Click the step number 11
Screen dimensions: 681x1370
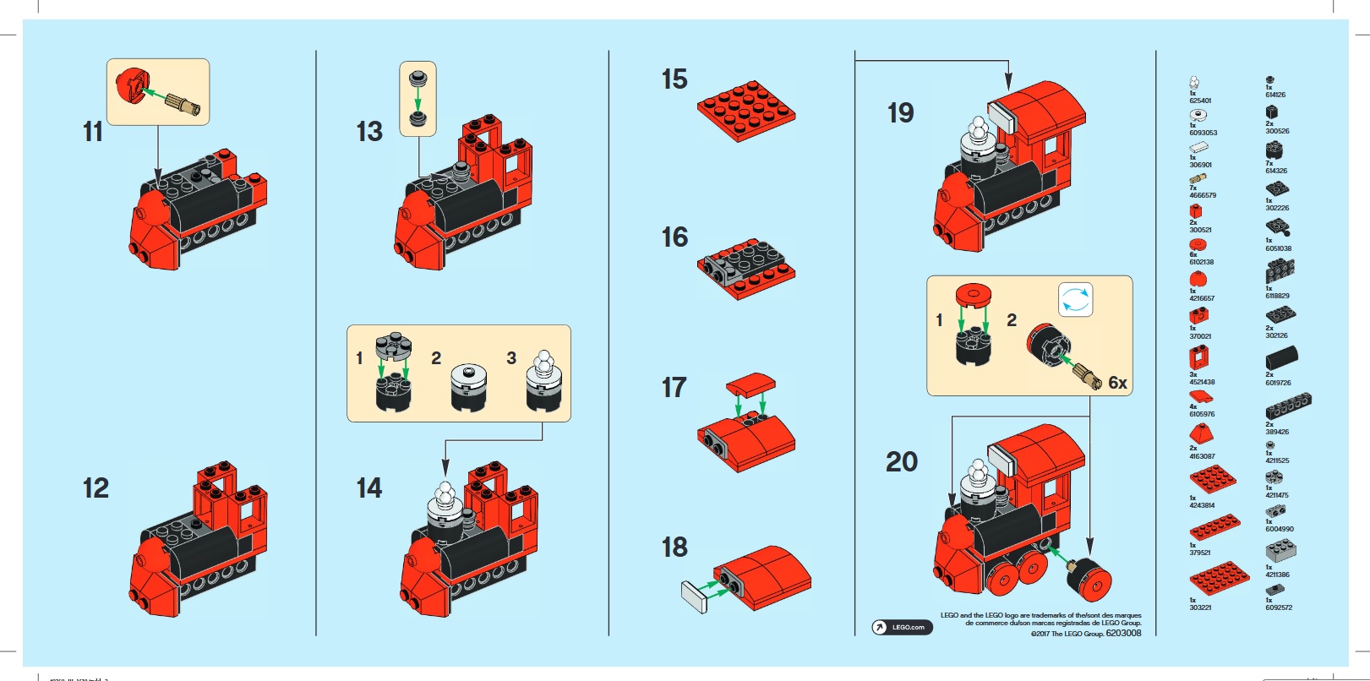point(93,132)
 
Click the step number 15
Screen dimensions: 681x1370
point(674,79)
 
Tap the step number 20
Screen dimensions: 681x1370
point(901,461)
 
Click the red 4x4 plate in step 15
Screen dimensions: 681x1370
point(745,110)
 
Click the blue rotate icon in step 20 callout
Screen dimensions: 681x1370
point(1075,300)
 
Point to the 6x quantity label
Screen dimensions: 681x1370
point(1117,384)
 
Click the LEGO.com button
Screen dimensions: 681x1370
point(902,627)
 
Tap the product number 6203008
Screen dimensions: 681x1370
point(1123,633)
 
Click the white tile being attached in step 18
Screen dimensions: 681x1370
point(694,597)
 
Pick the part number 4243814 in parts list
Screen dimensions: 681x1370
point(1201,505)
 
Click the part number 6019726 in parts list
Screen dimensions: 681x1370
point(1277,383)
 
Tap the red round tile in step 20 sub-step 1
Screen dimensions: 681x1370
point(973,294)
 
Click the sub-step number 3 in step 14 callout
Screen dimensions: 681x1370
point(511,358)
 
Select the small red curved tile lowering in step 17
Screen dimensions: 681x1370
point(750,383)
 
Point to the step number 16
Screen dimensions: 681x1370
point(674,237)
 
